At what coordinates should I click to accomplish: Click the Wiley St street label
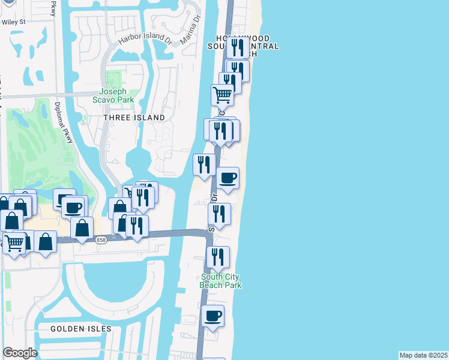[14, 22]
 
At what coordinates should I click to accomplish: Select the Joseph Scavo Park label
[112, 96]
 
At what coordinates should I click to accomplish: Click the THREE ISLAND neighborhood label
[134, 118]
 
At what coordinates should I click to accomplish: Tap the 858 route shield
[101, 239]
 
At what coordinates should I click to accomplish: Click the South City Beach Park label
[221, 281]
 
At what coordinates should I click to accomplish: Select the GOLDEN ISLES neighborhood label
[81, 329]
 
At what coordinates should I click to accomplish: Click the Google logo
[20, 353]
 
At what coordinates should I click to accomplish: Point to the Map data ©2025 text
[423, 355]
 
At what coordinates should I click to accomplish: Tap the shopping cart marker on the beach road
[223, 94]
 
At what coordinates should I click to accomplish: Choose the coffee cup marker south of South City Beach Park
[212, 315]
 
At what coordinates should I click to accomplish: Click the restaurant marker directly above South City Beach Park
[218, 257]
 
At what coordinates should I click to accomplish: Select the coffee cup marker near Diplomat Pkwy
[73, 208]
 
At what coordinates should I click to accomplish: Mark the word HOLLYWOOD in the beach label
[234, 38]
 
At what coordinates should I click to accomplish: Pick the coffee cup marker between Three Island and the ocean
[228, 178]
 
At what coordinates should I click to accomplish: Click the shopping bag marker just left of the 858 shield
[82, 227]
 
